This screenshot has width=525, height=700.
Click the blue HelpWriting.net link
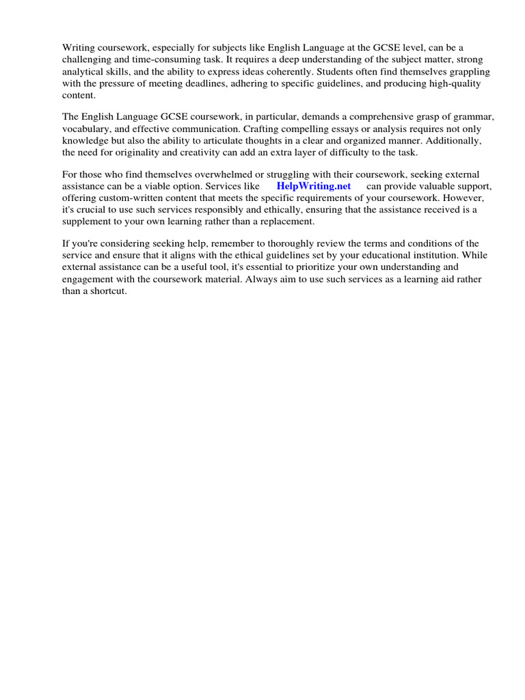314,186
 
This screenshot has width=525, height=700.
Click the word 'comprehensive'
351,117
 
